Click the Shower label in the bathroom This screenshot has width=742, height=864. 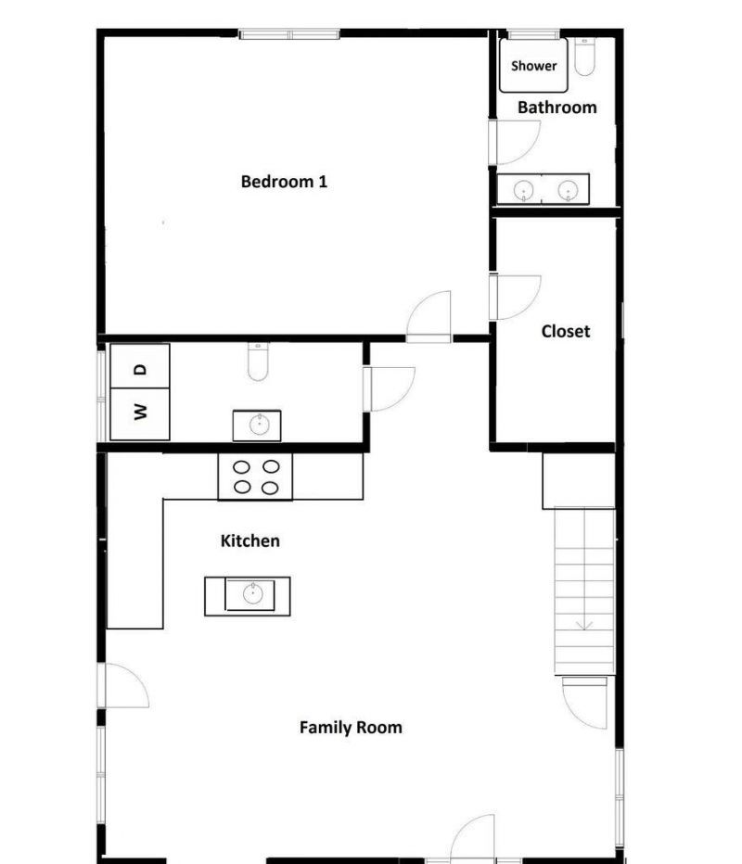coord(534,66)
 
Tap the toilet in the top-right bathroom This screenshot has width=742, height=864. coord(584,57)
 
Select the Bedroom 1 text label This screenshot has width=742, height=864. coord(284,182)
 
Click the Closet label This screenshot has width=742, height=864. coord(566,331)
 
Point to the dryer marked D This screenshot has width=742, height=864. coord(140,366)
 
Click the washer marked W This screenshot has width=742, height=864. coord(140,413)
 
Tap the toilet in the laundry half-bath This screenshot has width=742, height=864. coord(258,362)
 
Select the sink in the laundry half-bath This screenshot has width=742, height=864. coord(257,426)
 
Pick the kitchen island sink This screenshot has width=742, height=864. coord(251,594)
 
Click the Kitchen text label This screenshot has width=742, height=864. coord(250,540)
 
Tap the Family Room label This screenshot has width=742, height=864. coord(351,728)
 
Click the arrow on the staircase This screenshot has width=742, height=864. coord(584,623)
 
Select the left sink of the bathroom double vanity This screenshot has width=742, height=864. coord(524,190)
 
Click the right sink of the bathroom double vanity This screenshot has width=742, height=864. coord(568,190)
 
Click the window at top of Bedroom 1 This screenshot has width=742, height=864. coord(289,34)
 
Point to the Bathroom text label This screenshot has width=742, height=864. coord(556,108)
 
